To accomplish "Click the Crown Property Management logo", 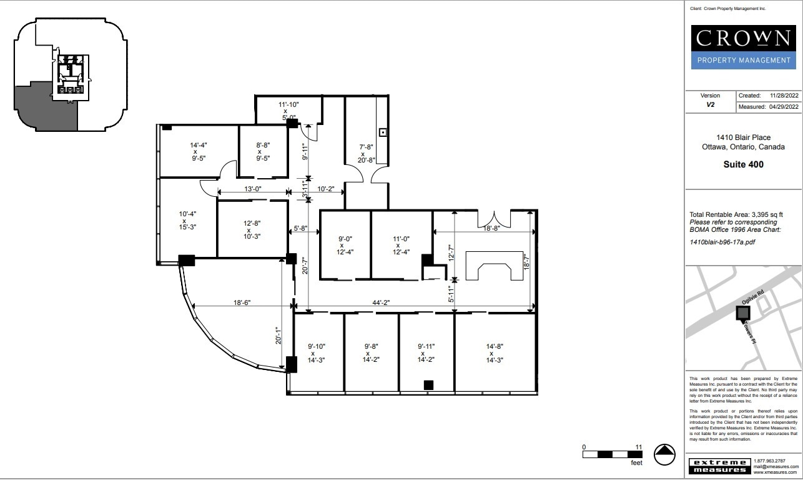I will pyautogui.click(x=743, y=46).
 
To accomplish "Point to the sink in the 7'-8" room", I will pyautogui.click(x=382, y=132).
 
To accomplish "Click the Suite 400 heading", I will pyautogui.click(x=743, y=165).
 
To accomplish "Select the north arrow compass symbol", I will pyautogui.click(x=665, y=454).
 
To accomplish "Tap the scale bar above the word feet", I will pyautogui.click(x=613, y=454).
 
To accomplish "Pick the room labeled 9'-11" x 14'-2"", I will pyautogui.click(x=426, y=352).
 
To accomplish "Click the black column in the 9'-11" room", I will pyautogui.click(x=428, y=385).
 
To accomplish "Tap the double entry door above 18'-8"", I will pyautogui.click(x=495, y=219).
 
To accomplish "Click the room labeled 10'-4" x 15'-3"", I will pyautogui.click(x=184, y=221).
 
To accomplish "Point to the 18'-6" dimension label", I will pyautogui.click(x=242, y=302).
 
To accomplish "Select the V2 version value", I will pyautogui.click(x=710, y=106).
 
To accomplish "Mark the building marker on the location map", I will pyautogui.click(x=743, y=312).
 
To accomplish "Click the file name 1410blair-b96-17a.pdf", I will pyautogui.click(x=722, y=241).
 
